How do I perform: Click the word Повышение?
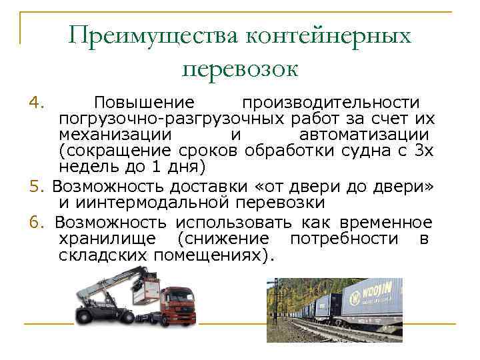click(144, 103)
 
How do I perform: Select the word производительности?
click(331, 103)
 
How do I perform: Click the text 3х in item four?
click(424, 150)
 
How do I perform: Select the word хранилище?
click(107, 239)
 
